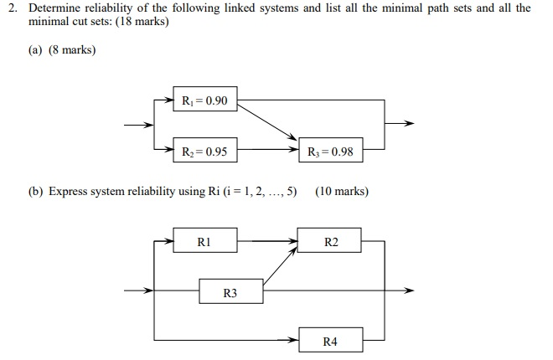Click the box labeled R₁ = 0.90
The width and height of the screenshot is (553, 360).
(x=204, y=101)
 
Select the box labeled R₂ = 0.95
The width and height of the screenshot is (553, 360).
(x=204, y=152)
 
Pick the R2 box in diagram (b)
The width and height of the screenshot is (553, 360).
(x=331, y=242)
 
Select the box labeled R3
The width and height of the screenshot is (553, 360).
(x=230, y=292)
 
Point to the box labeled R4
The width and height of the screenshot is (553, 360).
(x=331, y=342)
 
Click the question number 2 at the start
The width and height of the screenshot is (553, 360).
(x=11, y=8)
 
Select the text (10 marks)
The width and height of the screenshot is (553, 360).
(x=341, y=191)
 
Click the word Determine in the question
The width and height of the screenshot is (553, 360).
(x=54, y=8)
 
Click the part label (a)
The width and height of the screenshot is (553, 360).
(x=35, y=50)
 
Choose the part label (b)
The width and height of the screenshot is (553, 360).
(x=35, y=191)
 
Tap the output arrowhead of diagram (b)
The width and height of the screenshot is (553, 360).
(x=410, y=291)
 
